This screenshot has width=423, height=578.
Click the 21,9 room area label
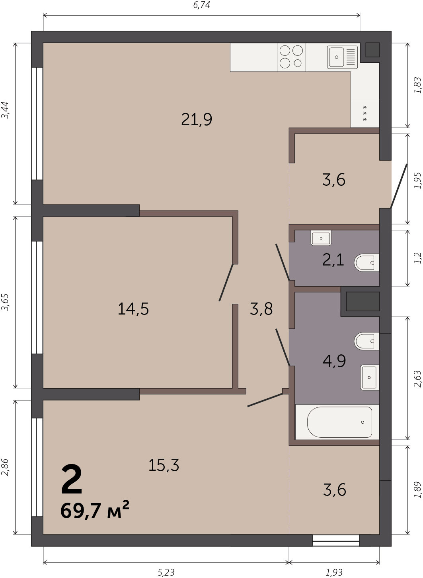[x=197, y=120]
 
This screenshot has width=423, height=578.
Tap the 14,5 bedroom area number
[x=133, y=309]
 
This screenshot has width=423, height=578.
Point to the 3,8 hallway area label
[x=261, y=309]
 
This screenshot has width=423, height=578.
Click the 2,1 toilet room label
[x=333, y=260]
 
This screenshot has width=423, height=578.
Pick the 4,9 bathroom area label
[x=334, y=361]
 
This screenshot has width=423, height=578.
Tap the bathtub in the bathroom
[x=339, y=422]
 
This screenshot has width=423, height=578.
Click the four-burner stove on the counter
[x=291, y=57]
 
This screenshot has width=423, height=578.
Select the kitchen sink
[x=342, y=57]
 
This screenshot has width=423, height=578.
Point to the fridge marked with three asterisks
[x=365, y=113]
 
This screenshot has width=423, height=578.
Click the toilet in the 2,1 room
[x=366, y=263]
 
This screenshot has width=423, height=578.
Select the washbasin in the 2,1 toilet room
[x=321, y=238]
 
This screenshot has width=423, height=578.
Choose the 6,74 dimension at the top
[x=201, y=5]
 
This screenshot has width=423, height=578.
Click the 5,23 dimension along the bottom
[x=166, y=572]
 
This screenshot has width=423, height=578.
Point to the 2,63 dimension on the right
[x=417, y=379]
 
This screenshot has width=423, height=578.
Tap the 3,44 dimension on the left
[x=5, y=110]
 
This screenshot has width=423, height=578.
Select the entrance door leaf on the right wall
[x=399, y=186]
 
